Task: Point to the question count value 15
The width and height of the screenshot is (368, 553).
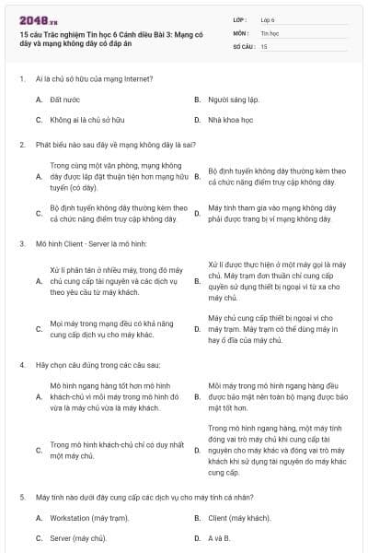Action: (265, 45)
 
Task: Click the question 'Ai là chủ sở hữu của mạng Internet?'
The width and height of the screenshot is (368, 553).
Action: (88, 79)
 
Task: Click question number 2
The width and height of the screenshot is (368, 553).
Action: (21, 144)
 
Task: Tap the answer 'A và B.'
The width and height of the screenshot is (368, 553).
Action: (219, 537)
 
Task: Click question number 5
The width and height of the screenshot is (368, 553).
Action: (21, 497)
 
